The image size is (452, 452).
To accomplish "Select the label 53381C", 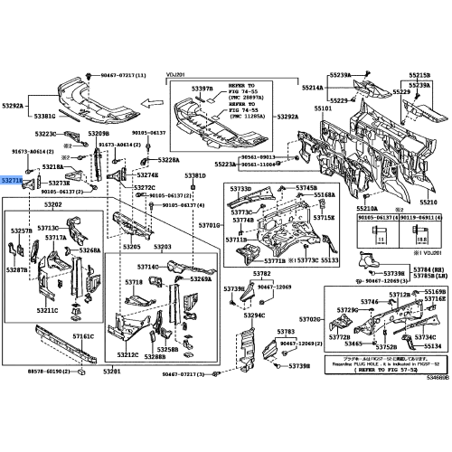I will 45,116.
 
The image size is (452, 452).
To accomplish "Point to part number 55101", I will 324,108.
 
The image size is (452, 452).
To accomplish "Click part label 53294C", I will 253,315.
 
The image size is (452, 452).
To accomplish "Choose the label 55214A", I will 312,88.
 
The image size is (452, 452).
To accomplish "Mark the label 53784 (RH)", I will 428,268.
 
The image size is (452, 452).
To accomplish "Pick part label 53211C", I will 47,309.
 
